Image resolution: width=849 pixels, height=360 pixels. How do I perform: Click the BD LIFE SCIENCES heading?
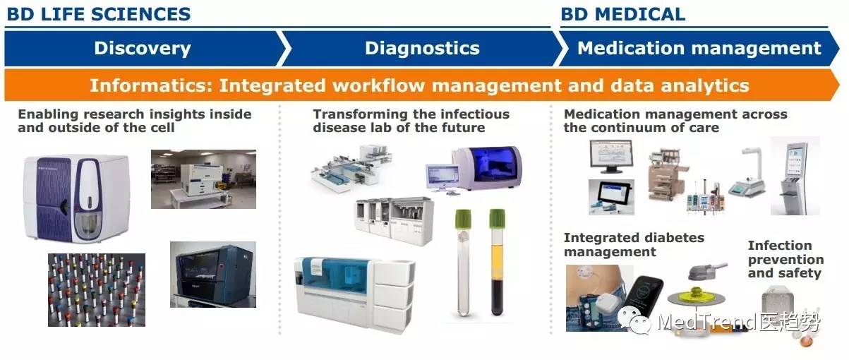(99, 14)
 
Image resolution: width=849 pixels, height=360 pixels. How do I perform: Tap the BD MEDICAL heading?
(622, 14)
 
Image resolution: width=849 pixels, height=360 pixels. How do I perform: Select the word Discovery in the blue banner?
(143, 49)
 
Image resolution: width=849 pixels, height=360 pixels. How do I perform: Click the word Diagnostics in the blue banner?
(422, 49)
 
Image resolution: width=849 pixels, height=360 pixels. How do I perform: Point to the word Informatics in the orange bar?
(151, 85)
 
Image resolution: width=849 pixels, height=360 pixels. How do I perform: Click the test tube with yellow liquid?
(497, 262)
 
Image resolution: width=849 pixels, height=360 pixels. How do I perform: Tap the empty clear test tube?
(463, 262)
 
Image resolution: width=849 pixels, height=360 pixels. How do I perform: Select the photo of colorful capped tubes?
(96, 290)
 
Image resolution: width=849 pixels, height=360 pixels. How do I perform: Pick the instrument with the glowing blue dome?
(488, 168)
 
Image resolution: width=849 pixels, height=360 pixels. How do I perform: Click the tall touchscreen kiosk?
(795, 176)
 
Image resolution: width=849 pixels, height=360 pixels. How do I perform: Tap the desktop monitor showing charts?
(611, 156)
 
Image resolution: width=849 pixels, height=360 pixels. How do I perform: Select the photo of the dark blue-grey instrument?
(213, 275)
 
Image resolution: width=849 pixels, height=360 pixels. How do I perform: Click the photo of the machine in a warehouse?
(203, 179)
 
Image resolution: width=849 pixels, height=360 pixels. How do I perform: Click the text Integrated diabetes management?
(634, 245)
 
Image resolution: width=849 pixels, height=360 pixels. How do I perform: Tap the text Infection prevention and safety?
(785, 259)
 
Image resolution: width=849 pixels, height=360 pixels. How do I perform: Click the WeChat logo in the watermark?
(634, 320)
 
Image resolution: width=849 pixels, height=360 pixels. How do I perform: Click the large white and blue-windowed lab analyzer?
(354, 294)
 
